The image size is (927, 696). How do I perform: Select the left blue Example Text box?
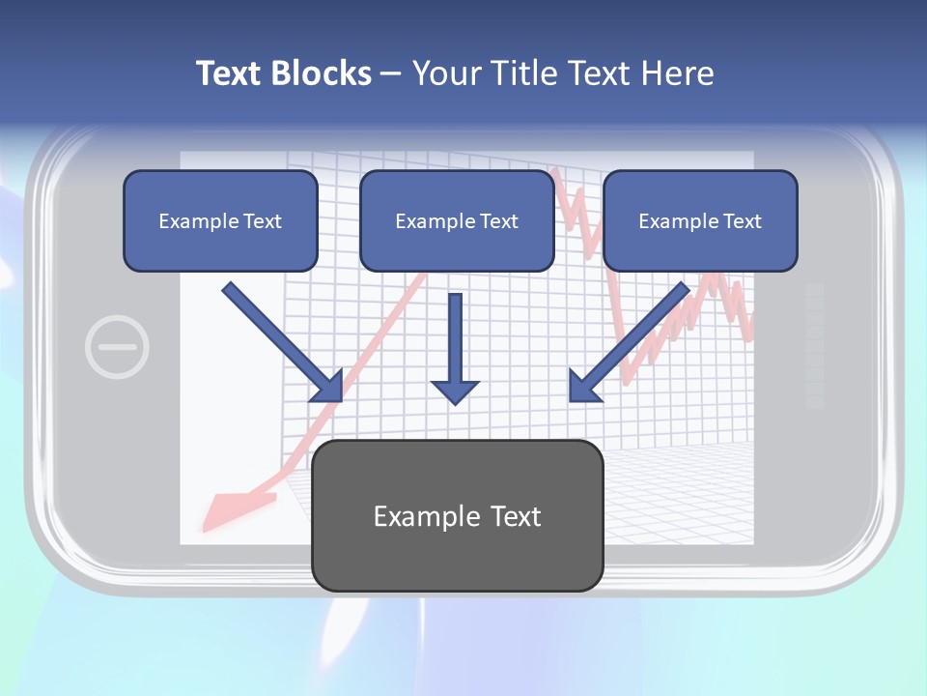[220, 220]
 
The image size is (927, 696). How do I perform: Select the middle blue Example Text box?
[457, 220]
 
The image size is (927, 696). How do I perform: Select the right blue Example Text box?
[700, 220]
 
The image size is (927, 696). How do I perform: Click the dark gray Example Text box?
[457, 515]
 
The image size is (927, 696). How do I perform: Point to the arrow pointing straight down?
[455, 348]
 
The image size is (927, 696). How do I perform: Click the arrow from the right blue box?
[629, 342]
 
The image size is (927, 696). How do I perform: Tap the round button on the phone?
[117, 346]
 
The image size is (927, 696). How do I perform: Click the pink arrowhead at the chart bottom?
[237, 507]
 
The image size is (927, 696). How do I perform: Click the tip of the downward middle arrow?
[455, 402]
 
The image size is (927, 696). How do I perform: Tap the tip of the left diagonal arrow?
[340, 398]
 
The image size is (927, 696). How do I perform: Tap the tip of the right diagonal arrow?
[572, 398]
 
